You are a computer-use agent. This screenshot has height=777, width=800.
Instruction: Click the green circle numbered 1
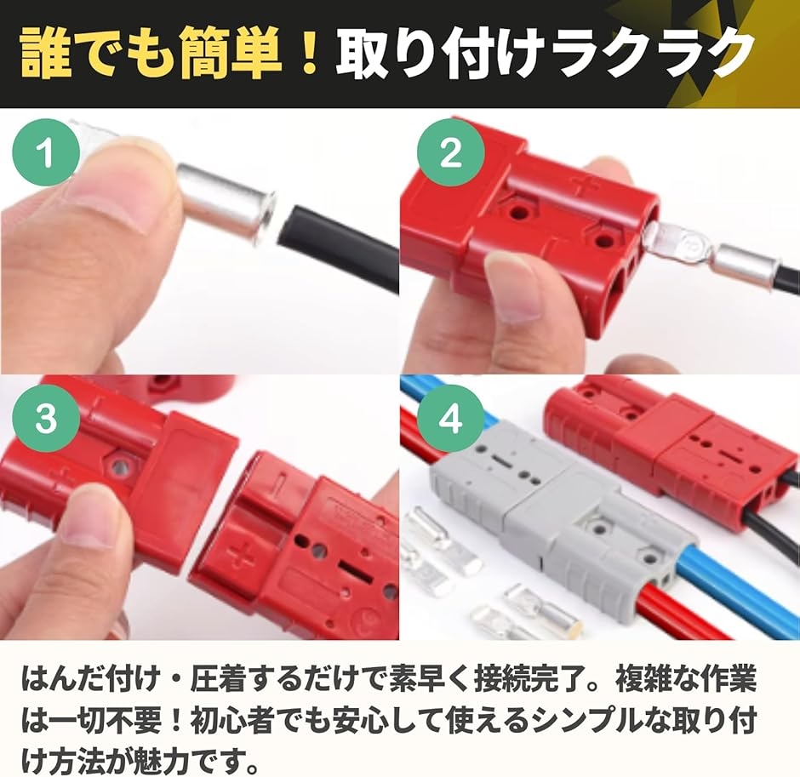pyautogui.click(x=47, y=151)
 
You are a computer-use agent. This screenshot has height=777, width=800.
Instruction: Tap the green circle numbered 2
pyautogui.click(x=450, y=151)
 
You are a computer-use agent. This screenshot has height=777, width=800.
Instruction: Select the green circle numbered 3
pyautogui.click(x=47, y=419)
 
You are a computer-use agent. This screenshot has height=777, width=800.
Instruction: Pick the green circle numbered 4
pyautogui.click(x=450, y=419)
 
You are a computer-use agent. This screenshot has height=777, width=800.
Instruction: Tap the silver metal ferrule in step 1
pyautogui.click(x=226, y=201)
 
